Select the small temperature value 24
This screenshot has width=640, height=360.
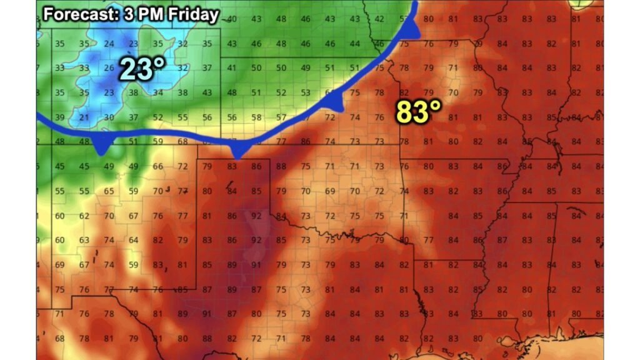click(x=109, y=44)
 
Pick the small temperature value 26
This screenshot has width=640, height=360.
click(x=109, y=68)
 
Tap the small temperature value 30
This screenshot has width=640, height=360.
click(x=109, y=117)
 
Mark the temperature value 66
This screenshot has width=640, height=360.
click(x=158, y=166)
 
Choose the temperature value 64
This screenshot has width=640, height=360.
click(x=133, y=240)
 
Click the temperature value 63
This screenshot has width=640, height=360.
click(x=84, y=240)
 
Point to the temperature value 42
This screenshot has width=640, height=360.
click(x=379, y=19)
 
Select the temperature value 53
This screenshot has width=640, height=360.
click(x=306, y=93)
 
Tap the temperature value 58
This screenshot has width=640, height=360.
click(x=256, y=117)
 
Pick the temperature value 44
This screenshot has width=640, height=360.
click(x=354, y=44)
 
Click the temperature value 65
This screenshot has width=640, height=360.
click(x=109, y=191)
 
